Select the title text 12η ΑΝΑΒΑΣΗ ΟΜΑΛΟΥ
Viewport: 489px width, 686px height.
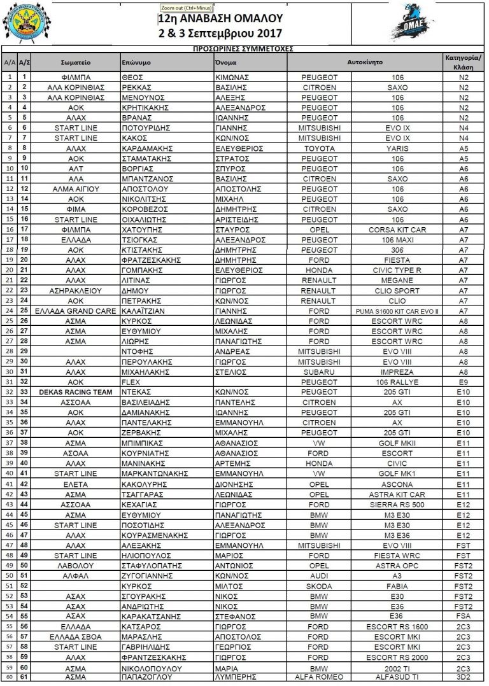(x=220, y=19)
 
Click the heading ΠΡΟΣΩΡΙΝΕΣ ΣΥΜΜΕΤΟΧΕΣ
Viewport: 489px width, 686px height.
(x=243, y=48)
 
